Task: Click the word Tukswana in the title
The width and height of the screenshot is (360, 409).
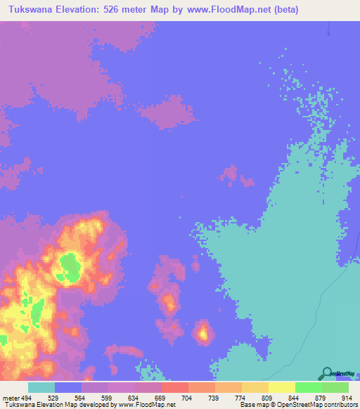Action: pos(30,10)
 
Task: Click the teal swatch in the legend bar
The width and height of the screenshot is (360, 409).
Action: pos(41,387)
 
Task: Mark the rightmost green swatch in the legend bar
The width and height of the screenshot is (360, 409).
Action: pos(335,387)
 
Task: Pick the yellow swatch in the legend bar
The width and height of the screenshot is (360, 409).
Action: pos(281,387)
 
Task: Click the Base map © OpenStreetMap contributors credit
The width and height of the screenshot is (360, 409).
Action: pos(297,405)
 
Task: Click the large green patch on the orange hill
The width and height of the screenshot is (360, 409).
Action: pos(69,266)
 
